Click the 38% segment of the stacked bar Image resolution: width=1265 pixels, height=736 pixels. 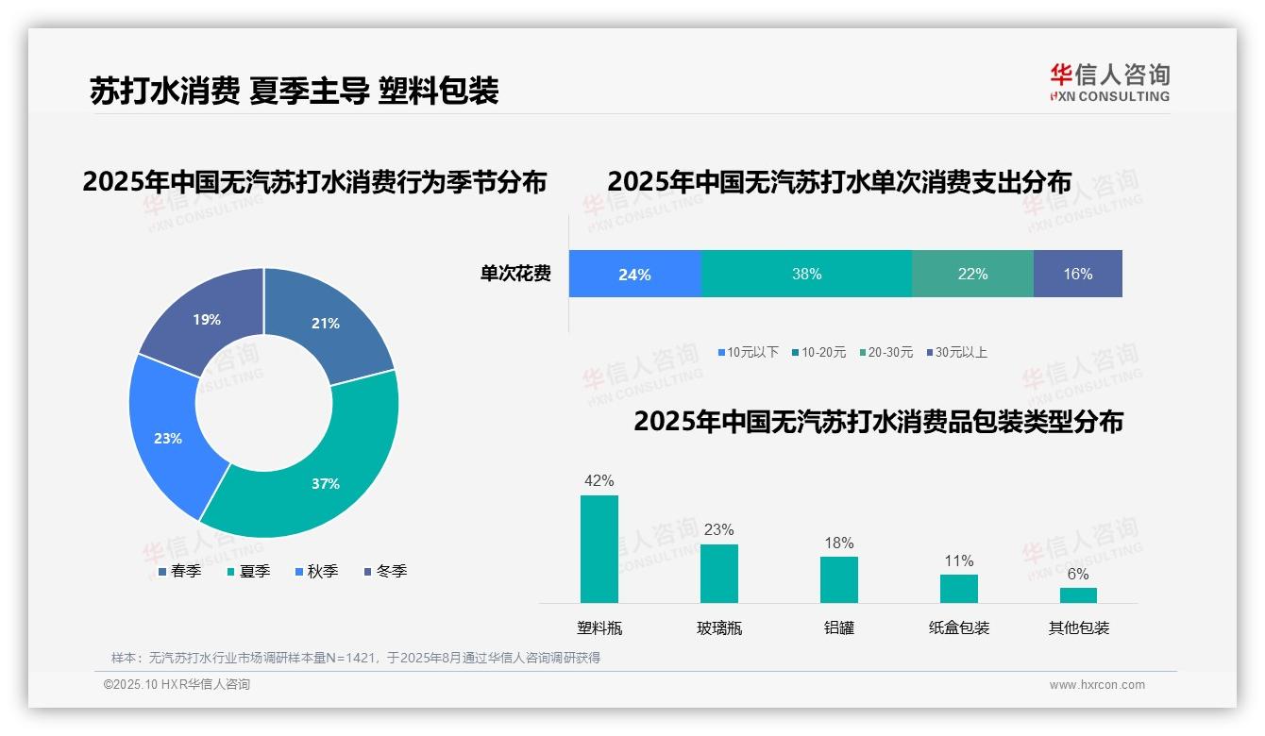pyautogui.click(x=806, y=274)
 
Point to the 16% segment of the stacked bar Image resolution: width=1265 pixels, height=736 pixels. pyautogui.click(x=1077, y=274)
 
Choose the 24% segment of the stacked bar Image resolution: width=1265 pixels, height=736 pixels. pyautogui.click(x=634, y=274)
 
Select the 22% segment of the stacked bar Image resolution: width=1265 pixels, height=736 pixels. pyautogui.click(x=972, y=274)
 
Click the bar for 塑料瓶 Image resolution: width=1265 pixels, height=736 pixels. pyautogui.click(x=599, y=549)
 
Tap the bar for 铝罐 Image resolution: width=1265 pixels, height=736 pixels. pyautogui.click(x=838, y=579)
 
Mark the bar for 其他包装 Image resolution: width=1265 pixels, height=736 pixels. pyautogui.click(x=1078, y=595)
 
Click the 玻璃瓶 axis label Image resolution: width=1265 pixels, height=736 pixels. pyautogui.click(x=719, y=627)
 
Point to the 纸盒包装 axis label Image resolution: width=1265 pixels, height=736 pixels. pyautogui.click(x=959, y=627)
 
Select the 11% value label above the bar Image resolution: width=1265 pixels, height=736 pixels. pyautogui.click(x=959, y=561)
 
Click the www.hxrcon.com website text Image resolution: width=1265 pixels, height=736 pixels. pyautogui.click(x=1097, y=685)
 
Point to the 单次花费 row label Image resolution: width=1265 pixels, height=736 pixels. pyautogui.click(x=515, y=275)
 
